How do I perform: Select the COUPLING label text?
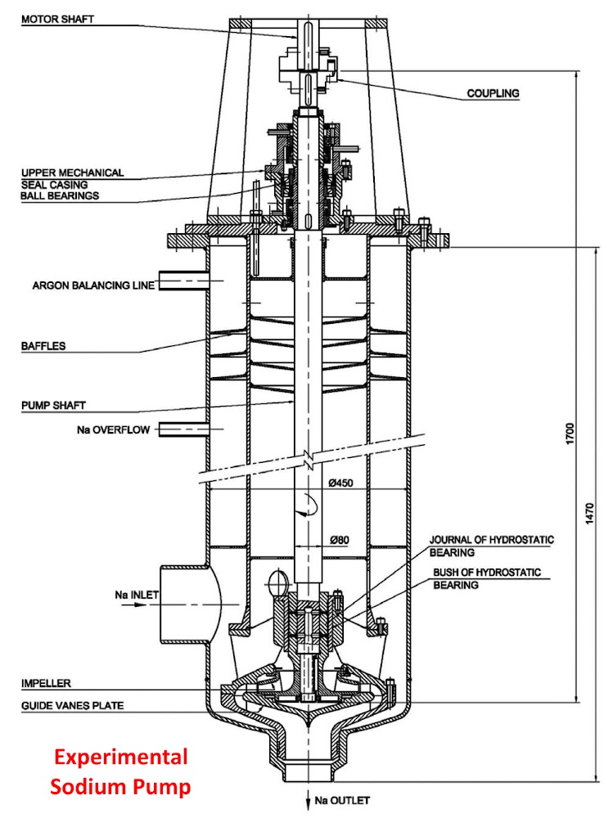tap(493, 93)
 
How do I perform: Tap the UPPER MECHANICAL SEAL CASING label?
tap(72, 178)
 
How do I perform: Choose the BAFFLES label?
tap(43, 346)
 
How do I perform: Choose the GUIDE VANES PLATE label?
tap(67, 705)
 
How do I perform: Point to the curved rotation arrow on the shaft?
tap(304, 506)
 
